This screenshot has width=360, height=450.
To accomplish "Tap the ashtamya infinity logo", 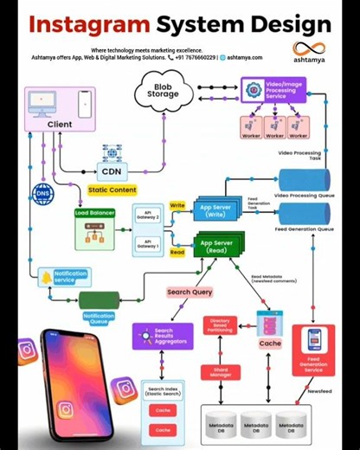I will [x=308, y=49].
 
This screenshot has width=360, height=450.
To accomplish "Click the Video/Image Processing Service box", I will [x=273, y=91].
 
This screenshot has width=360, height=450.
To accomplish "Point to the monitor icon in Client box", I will [x=42, y=102].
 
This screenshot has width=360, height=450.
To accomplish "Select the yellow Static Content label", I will [x=112, y=190].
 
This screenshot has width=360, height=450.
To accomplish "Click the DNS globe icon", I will [x=42, y=193].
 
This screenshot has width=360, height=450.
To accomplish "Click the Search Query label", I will [x=190, y=292].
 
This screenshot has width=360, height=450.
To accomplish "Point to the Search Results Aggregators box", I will [x=162, y=336].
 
